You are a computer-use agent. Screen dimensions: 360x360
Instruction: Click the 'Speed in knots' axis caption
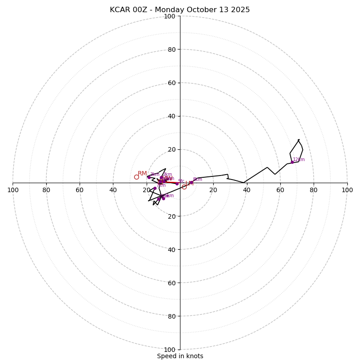tap(180, 356)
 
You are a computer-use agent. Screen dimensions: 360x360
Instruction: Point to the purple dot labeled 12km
tap(292, 162)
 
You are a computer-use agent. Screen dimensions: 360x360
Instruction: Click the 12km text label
tap(299, 159)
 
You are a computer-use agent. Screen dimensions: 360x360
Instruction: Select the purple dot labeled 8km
tap(191, 182)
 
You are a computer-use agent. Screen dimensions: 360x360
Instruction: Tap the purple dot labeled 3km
tap(149, 177)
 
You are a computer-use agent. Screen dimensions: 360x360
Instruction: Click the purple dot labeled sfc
tap(177, 184)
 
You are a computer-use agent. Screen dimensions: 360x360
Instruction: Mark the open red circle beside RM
tap(136, 177)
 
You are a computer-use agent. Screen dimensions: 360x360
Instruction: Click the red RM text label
tap(142, 174)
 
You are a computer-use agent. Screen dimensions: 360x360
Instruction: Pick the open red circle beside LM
tap(184, 187)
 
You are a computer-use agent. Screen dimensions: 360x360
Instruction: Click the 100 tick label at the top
tap(170, 16)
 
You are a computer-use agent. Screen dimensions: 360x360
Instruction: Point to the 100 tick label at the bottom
tap(170, 350)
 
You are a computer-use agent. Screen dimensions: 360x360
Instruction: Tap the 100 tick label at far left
tap(13, 190)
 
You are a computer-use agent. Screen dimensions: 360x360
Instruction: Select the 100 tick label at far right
tap(347, 190)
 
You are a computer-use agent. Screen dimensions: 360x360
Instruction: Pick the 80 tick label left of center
tap(46, 190)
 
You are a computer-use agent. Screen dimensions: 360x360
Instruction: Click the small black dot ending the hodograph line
tap(298, 140)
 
